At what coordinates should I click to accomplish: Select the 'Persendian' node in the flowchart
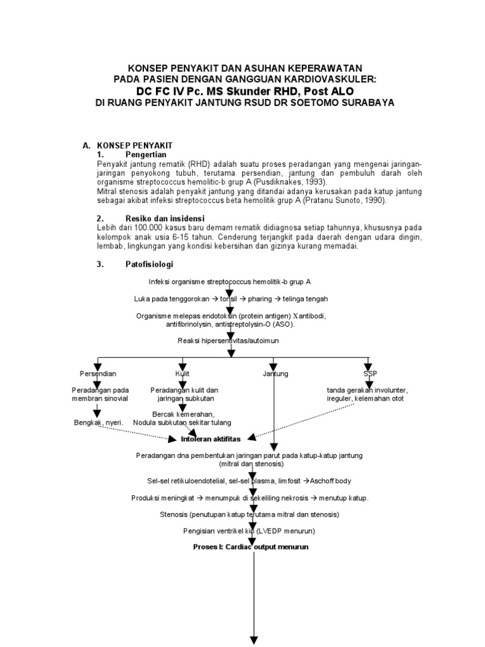point(98,373)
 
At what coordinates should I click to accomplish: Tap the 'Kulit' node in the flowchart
point(183,373)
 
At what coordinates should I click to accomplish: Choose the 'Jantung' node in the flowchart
point(275,373)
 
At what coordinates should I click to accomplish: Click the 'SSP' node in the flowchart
point(369,373)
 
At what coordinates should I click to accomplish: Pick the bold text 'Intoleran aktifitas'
point(211,438)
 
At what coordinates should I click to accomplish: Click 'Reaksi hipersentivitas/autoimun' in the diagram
point(229,341)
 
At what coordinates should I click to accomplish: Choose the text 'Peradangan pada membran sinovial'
point(101,394)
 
